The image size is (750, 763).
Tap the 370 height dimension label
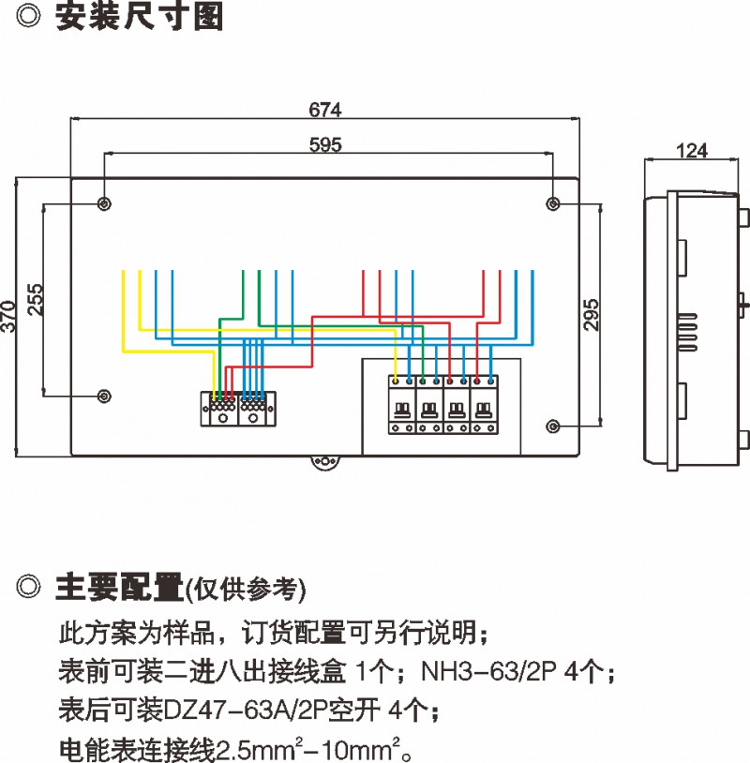click(9, 317)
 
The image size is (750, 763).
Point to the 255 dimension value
click(35, 300)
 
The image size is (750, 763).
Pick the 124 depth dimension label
click(691, 150)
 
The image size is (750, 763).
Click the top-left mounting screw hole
click(104, 203)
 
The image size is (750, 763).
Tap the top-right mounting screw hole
click(553, 203)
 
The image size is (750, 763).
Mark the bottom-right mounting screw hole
click(553, 426)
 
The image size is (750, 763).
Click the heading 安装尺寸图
click(139, 17)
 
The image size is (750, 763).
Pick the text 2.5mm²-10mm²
click(313, 750)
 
